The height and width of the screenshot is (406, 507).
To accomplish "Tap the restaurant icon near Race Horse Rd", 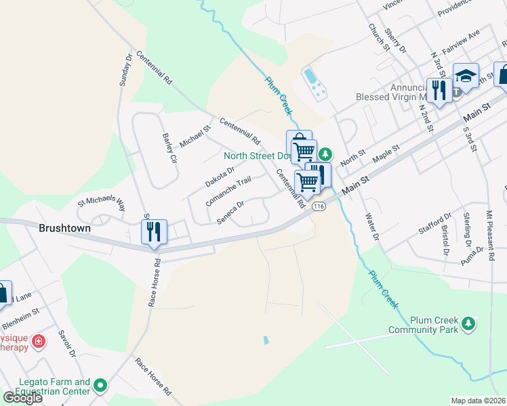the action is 154,231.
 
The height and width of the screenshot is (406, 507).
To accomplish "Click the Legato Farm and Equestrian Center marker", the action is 101,386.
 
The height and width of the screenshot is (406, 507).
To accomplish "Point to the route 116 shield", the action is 320,206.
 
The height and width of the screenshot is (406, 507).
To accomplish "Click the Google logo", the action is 22,398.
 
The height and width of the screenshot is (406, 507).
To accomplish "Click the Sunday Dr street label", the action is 125,70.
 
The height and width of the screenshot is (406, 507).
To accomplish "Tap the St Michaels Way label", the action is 102,202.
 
